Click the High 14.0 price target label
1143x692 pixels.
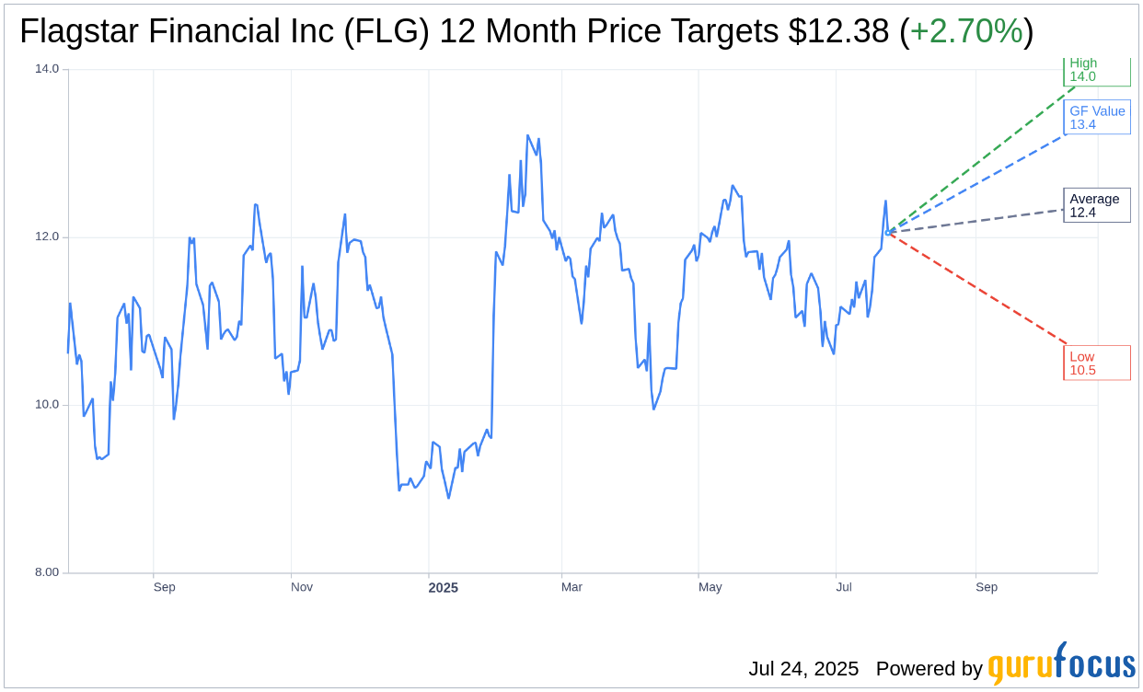(x=1095, y=71)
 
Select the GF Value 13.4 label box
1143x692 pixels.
(x=1097, y=118)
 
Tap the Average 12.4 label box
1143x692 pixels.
(x=1096, y=205)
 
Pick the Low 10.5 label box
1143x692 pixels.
(x=1096, y=363)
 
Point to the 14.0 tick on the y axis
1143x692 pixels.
(x=47, y=68)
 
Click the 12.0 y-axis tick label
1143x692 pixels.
(x=47, y=236)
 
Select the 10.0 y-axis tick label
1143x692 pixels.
(x=47, y=405)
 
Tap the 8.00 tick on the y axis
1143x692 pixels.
(x=47, y=572)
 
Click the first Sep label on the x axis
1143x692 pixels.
(x=164, y=587)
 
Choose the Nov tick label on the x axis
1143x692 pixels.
(x=302, y=587)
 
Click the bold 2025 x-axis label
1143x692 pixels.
(x=443, y=588)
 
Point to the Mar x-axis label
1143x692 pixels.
(x=571, y=587)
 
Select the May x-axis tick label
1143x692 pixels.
(x=710, y=587)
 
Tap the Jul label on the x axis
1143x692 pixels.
(x=844, y=587)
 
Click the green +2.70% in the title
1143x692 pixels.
(x=965, y=32)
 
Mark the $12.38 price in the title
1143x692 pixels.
(x=838, y=32)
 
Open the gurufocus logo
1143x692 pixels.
(x=1061, y=664)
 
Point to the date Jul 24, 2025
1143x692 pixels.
(x=803, y=669)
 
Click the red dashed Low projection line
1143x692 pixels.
(x=976, y=287)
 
